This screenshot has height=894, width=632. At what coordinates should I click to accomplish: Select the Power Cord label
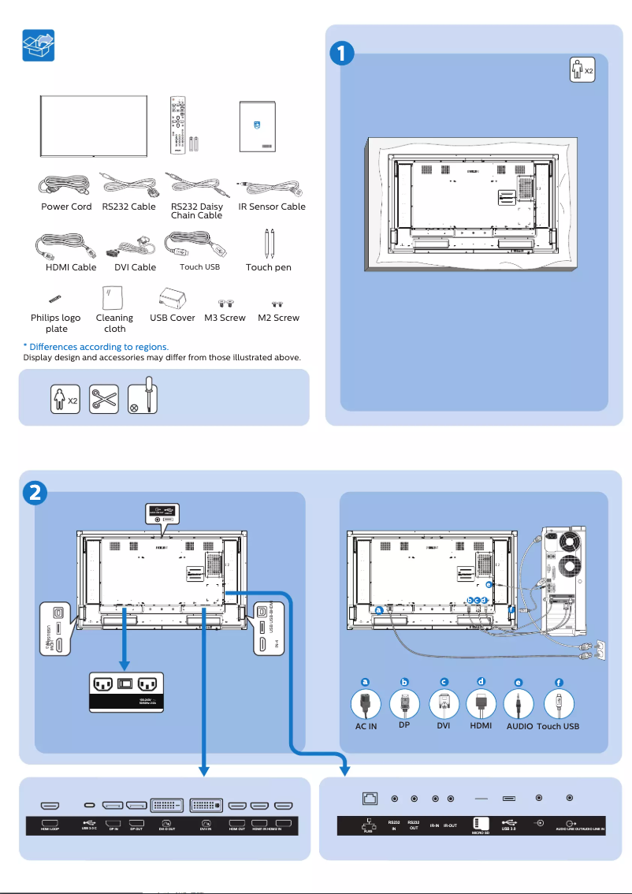(66, 207)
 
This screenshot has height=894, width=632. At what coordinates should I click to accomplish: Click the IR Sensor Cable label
(272, 207)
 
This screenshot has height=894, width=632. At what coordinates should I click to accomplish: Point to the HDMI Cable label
(71, 267)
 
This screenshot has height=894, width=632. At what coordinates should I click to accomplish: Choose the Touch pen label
(268, 267)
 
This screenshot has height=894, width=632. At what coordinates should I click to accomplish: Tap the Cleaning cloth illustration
(113, 298)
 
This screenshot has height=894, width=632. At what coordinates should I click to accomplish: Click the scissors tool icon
(104, 397)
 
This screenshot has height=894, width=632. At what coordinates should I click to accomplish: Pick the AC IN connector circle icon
(365, 703)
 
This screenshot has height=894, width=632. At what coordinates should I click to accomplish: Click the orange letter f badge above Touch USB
(559, 681)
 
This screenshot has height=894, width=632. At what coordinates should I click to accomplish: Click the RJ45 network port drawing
(368, 799)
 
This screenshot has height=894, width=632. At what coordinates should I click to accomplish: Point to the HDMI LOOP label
(52, 829)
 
